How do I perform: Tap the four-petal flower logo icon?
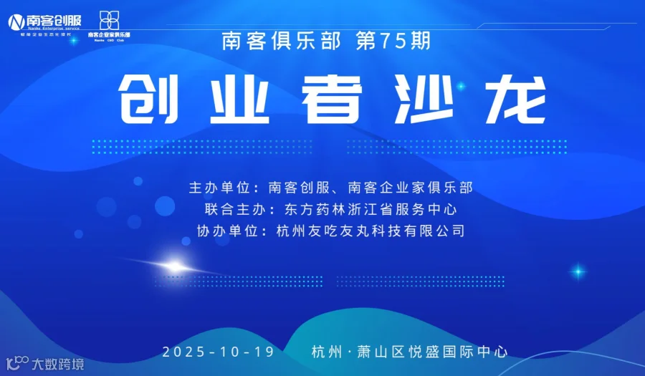pyautogui.click(x=109, y=19)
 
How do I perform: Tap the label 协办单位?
pyautogui.click(x=226, y=231)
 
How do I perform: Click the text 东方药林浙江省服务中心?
pyautogui.click(x=371, y=210)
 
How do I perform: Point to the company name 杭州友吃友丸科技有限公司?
pyautogui.click(x=371, y=231)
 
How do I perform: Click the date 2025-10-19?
pyautogui.click(x=218, y=352)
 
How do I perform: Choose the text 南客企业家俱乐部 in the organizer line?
pyautogui.click(x=410, y=188)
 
